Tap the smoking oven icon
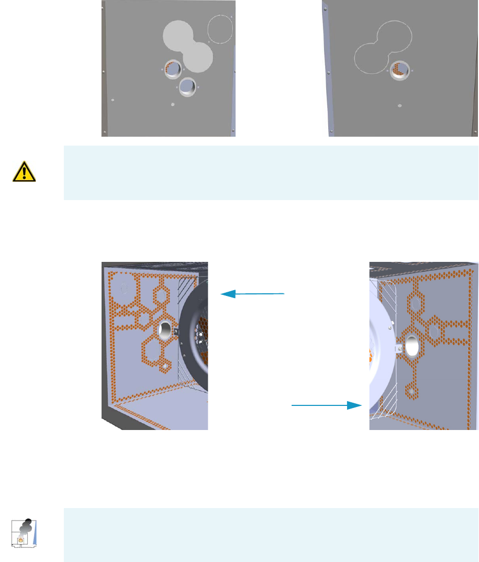[x=22, y=534]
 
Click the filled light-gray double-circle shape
[x=187, y=44]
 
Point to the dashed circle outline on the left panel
[x=219, y=29]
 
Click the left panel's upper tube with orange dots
[x=173, y=69]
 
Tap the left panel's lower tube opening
[x=187, y=87]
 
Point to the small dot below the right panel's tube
[x=400, y=105]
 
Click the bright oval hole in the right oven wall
[x=411, y=344]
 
